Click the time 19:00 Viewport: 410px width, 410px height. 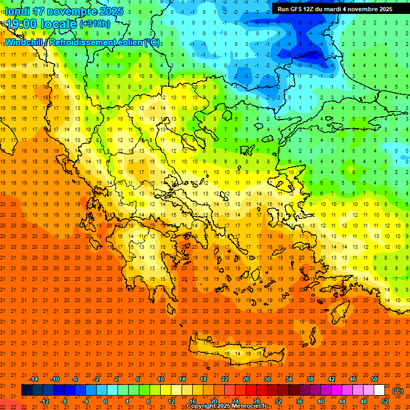point(25,25)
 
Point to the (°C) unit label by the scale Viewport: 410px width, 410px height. point(397,391)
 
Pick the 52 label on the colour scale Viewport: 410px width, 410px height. point(385,401)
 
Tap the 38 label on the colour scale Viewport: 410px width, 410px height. point(310,379)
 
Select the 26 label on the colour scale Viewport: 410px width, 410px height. point(246,379)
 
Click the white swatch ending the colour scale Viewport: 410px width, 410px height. point(379,390)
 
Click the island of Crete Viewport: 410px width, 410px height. point(235,352)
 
